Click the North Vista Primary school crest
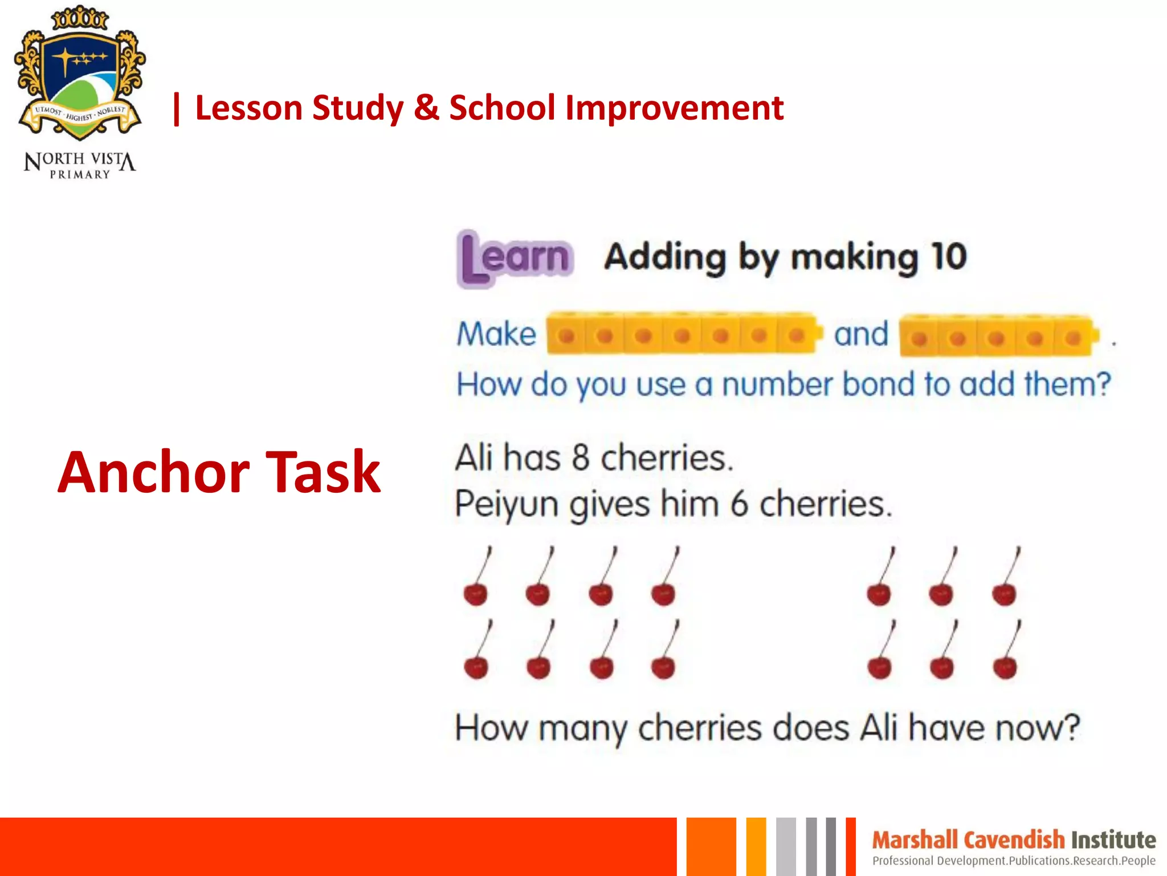pos(80,74)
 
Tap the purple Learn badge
pos(515,258)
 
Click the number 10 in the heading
pos(949,256)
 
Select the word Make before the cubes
pos(496,334)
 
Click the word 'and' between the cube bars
pos(861,334)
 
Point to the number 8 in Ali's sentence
pos(580,458)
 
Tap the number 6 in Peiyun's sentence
pos(739,504)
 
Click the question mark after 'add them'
pos(1103,383)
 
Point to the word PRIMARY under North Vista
pos(80,175)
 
